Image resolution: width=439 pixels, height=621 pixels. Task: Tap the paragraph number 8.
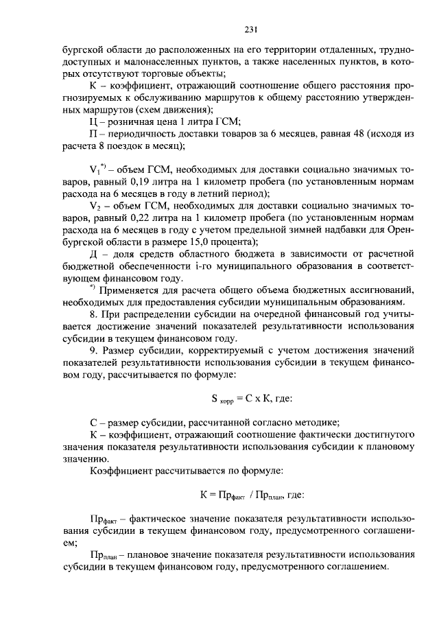(x=93, y=315)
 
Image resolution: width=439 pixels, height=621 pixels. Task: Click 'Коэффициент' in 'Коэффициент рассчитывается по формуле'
(x=121, y=471)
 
